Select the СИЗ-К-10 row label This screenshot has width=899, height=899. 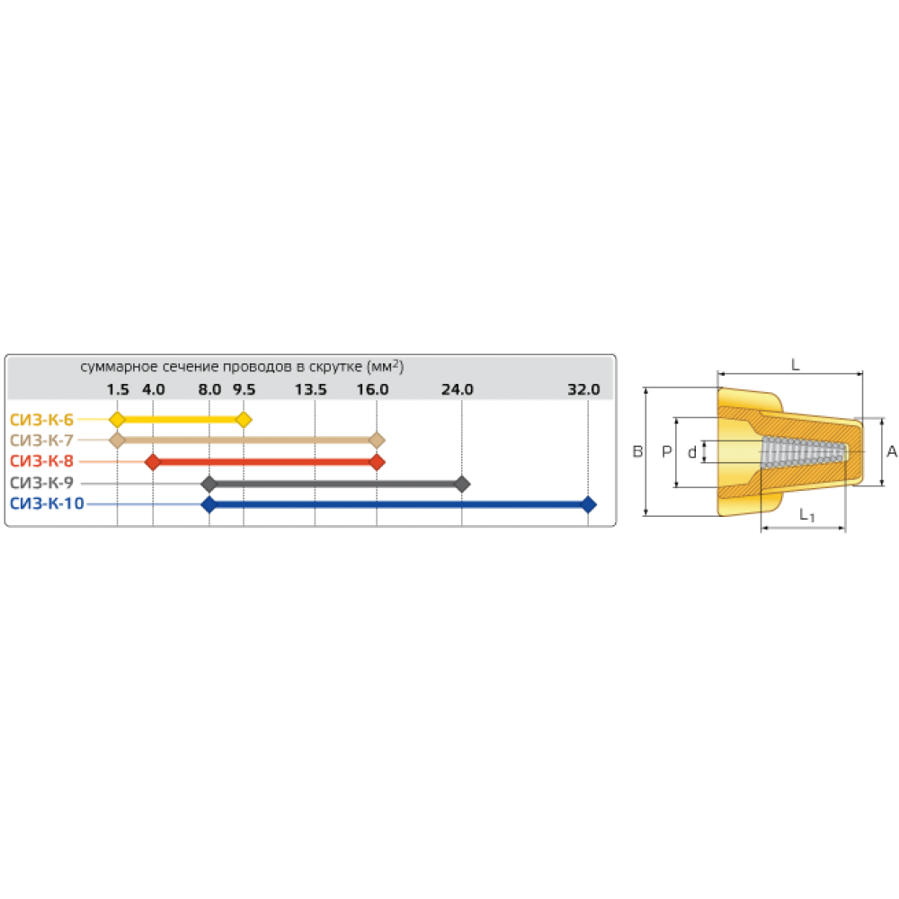(47, 505)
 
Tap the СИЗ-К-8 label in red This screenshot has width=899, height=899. (42, 462)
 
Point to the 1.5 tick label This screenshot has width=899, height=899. (118, 390)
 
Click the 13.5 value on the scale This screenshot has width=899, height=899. (311, 390)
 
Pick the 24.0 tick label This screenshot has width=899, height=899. (458, 390)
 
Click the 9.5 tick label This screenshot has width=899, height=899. (244, 390)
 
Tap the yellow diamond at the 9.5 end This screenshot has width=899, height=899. (244, 420)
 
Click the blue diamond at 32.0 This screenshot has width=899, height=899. (589, 505)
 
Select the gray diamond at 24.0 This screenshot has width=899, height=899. (462, 485)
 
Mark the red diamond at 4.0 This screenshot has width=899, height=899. (153, 462)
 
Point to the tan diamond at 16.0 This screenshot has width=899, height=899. (378, 441)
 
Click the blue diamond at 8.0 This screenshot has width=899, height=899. (209, 505)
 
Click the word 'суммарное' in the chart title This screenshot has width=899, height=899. (113, 367)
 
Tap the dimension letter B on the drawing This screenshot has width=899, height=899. (636, 452)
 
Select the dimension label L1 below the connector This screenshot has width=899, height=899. (807, 516)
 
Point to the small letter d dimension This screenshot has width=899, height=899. (690, 452)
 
